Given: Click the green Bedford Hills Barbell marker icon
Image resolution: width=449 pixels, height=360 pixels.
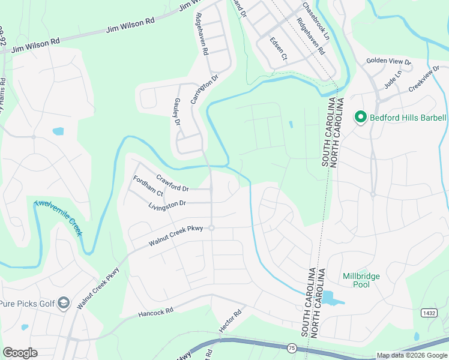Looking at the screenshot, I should point(361,118).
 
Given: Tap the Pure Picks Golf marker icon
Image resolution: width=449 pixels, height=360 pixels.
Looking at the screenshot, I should point(63,304).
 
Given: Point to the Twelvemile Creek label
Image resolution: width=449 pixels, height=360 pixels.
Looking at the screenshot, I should point(58,218).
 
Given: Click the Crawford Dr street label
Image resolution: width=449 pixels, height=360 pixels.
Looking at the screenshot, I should point(172,182).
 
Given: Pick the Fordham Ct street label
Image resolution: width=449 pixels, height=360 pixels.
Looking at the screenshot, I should point(148,186).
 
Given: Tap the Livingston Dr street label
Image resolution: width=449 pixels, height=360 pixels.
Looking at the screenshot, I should point(167,205).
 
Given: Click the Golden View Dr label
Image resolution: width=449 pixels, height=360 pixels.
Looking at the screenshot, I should point(389,61).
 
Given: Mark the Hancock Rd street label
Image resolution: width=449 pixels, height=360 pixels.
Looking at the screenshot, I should point(155,311).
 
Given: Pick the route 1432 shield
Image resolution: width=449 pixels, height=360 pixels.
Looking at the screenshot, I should point(429,313).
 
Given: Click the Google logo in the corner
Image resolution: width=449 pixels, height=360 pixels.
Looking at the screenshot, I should point(20,353).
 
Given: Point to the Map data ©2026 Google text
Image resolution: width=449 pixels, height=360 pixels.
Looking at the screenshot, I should point(412,355).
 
